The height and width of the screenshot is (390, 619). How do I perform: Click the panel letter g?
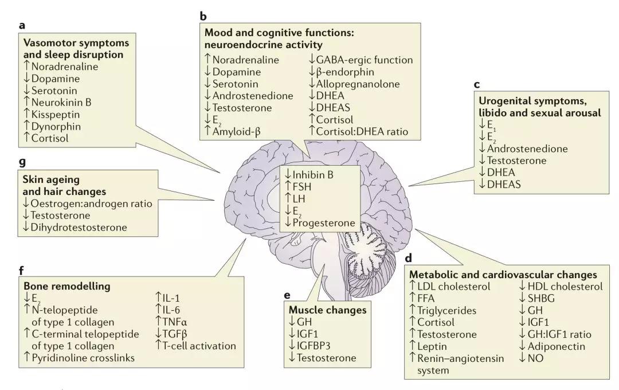22,162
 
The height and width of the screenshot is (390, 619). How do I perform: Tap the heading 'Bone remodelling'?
66,286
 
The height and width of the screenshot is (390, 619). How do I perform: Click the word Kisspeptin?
55,115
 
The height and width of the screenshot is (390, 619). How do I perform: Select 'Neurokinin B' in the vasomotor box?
61,102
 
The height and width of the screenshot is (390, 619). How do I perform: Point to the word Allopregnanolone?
358,84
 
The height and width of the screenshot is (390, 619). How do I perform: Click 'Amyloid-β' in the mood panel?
237,131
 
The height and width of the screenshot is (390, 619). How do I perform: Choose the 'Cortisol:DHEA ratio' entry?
362,131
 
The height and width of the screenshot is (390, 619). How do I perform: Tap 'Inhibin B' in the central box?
313,175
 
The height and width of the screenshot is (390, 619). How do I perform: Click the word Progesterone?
324,223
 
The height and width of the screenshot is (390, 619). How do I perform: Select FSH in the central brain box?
302,186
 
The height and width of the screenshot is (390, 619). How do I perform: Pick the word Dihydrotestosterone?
79,227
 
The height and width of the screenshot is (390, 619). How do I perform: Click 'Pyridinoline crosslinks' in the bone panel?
83,358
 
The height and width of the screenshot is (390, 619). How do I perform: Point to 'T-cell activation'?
199,346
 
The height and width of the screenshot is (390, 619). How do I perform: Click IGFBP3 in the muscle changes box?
314,346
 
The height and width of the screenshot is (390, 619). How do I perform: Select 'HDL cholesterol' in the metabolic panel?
565,286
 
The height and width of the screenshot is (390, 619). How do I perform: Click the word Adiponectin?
556,346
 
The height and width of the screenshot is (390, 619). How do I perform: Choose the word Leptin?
432,346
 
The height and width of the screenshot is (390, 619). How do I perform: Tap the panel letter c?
477,84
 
